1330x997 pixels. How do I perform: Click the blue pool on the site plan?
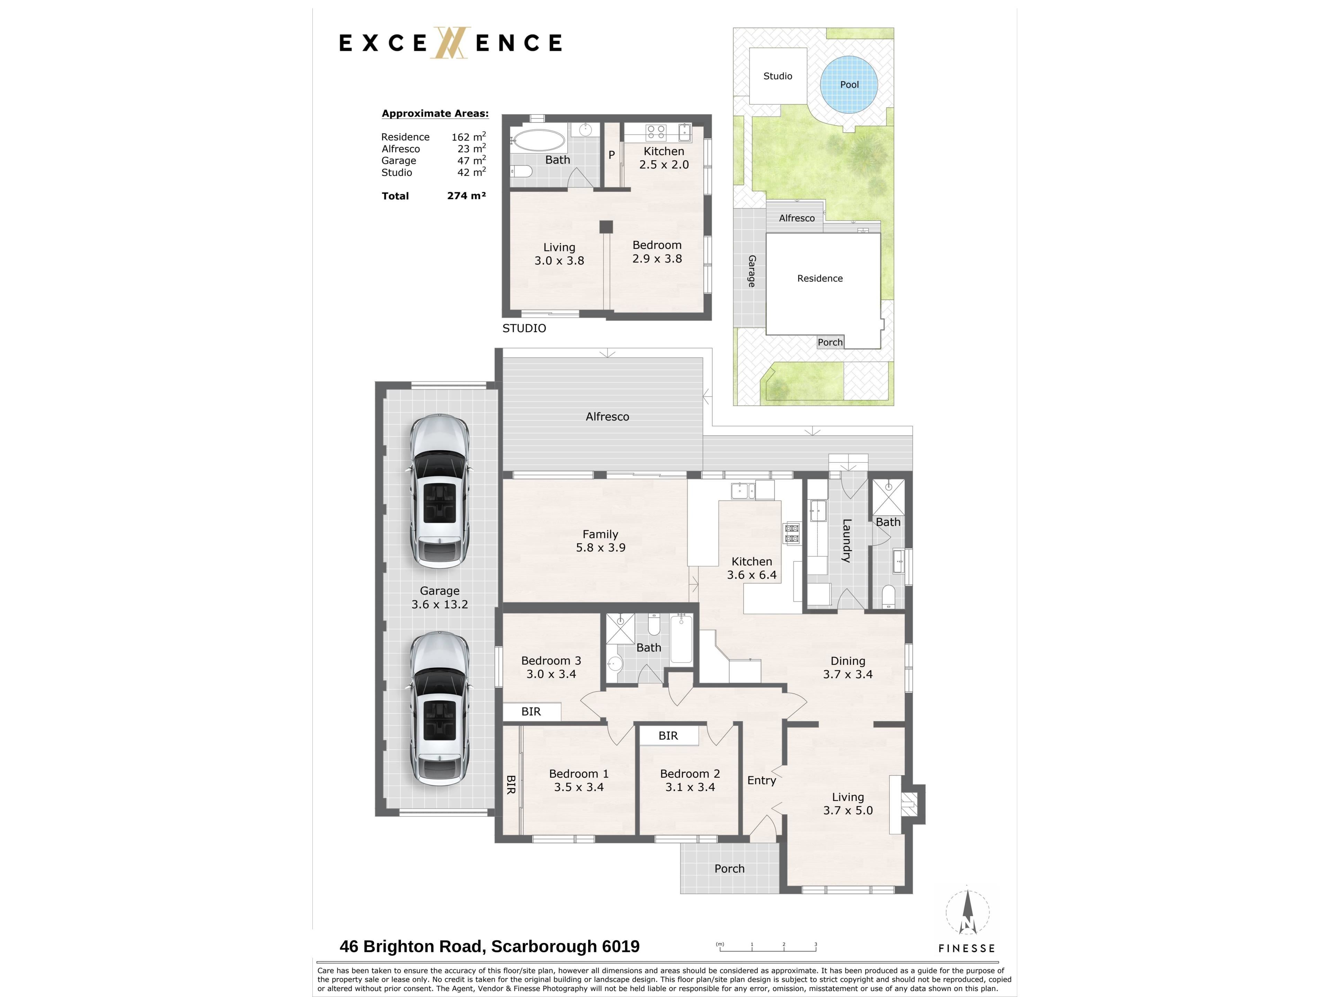[849, 84]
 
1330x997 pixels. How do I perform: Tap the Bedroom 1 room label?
[578, 773]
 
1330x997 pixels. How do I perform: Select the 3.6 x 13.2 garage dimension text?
[440, 604]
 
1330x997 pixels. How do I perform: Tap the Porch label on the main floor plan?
[729, 868]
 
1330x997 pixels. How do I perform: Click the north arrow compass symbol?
[967, 912]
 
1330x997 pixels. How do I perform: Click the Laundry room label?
[846, 540]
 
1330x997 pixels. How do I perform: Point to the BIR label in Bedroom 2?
[668, 736]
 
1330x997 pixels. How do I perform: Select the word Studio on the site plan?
[778, 76]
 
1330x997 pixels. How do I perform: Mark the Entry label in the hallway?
[762, 780]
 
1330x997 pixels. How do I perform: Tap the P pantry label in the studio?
[611, 154]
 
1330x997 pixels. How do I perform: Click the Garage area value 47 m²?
[471, 160]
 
